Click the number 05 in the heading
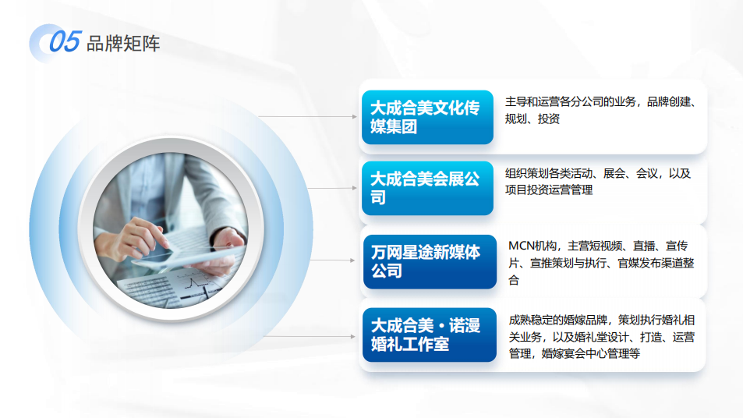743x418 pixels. pyautogui.click(x=65, y=41)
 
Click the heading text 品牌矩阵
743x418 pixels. pyautogui.click(x=123, y=44)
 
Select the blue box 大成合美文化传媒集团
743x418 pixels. pyautogui.click(x=427, y=117)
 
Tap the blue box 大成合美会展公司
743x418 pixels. pyautogui.click(x=427, y=188)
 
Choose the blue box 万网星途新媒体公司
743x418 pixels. pyautogui.click(x=430, y=261)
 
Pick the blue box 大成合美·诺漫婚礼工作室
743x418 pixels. pyautogui.click(x=430, y=335)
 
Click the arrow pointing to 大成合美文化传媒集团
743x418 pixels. pyautogui.click(x=307, y=116)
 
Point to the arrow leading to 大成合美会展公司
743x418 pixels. pyautogui.click(x=332, y=188)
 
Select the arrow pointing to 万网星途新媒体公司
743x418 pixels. pyautogui.click(x=332, y=260)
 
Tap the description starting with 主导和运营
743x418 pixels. pyautogui.click(x=600, y=110)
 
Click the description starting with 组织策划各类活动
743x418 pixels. pyautogui.click(x=598, y=182)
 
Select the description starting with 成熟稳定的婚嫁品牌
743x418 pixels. pyautogui.click(x=602, y=336)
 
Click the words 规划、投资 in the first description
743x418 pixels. pyautogui.click(x=532, y=119)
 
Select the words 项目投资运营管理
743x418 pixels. pyautogui.click(x=549, y=190)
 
